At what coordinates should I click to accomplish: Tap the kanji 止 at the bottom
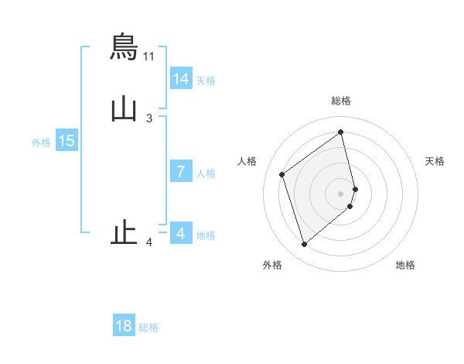(x=125, y=232)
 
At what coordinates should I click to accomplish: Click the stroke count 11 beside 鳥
(x=149, y=57)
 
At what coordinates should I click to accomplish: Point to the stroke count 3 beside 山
(x=149, y=118)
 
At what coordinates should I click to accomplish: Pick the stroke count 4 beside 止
(x=149, y=243)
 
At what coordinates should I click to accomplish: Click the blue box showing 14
(x=180, y=79)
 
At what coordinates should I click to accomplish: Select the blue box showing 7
(x=180, y=172)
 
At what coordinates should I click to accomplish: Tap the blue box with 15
(x=67, y=141)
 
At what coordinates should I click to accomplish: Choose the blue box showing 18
(x=124, y=326)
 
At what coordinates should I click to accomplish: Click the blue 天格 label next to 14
(x=206, y=81)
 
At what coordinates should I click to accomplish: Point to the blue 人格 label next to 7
(x=206, y=173)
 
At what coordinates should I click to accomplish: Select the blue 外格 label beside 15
(x=41, y=143)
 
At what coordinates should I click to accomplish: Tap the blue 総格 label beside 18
(x=148, y=328)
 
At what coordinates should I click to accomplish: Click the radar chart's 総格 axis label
(x=341, y=101)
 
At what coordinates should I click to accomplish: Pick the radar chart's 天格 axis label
(x=435, y=161)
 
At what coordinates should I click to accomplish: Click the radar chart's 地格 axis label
(x=405, y=265)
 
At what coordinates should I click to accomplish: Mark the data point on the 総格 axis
(x=341, y=132)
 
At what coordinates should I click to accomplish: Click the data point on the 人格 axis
(x=282, y=174)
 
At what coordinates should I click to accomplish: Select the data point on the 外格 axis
(x=304, y=245)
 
